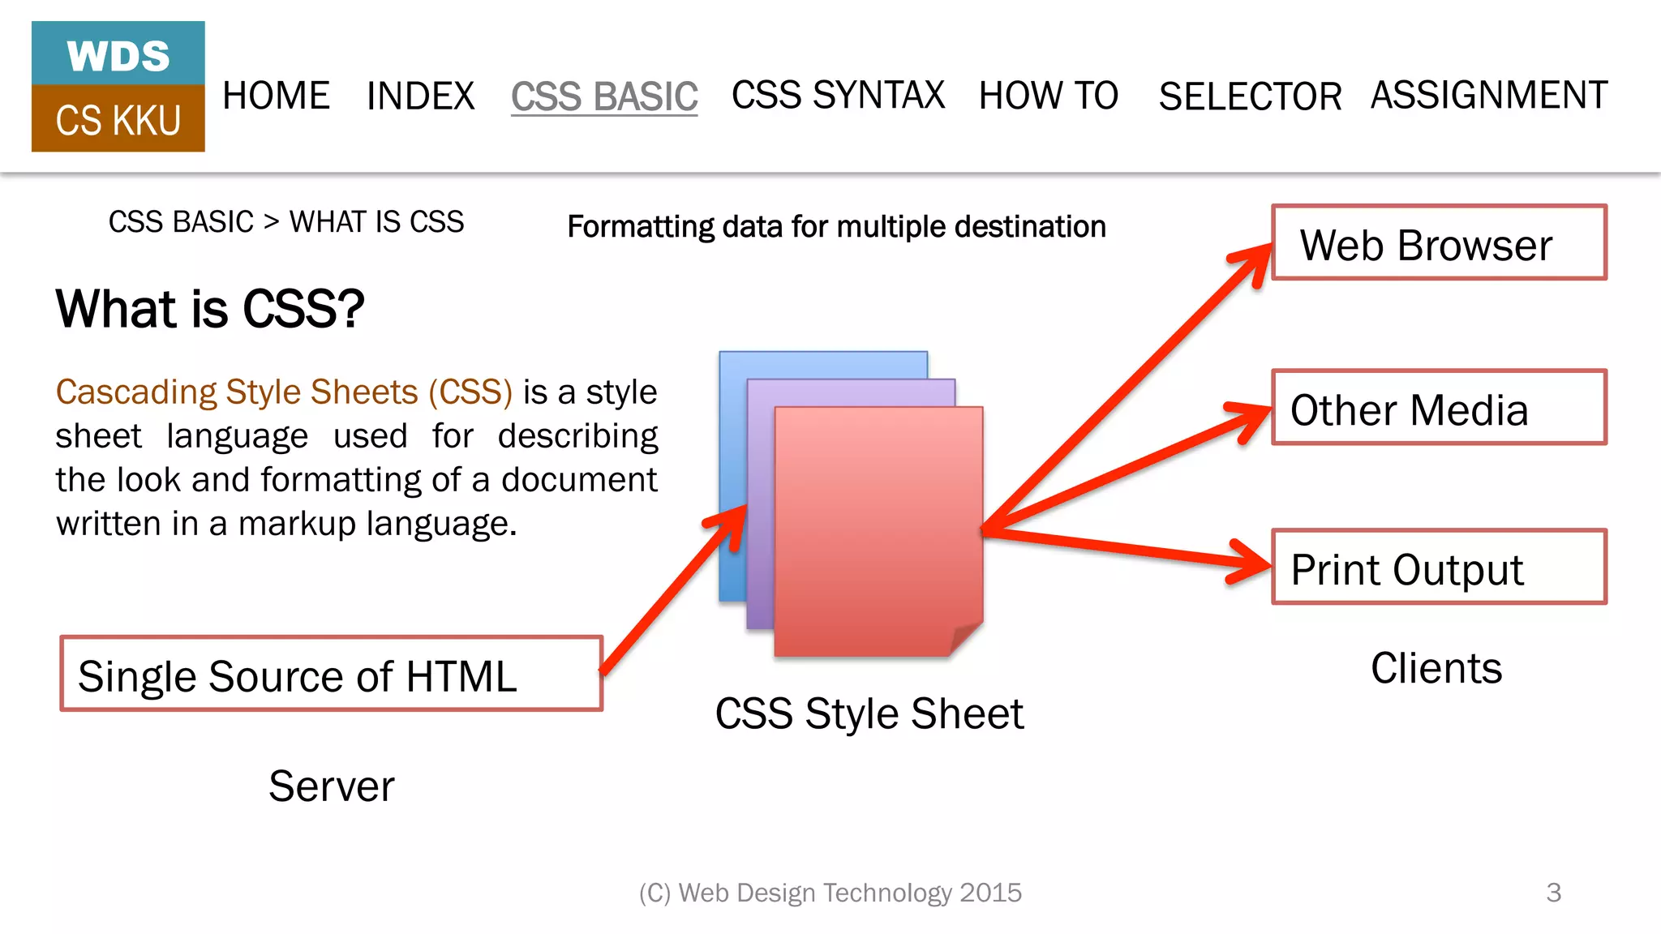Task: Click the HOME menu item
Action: pos(276,96)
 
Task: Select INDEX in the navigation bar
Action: pos(420,96)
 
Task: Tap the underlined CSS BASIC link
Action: pos(604,96)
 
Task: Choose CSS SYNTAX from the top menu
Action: pos(838,95)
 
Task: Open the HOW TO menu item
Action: pos(1048,96)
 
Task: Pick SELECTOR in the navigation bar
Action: pos(1250,96)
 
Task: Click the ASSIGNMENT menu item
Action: pos(1489,95)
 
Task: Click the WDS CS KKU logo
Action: pos(118,87)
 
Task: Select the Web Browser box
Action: pos(1439,243)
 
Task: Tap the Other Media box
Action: pos(1439,408)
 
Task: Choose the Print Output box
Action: pos(1439,568)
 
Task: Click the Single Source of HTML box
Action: pos(332,675)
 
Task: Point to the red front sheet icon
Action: pos(878,531)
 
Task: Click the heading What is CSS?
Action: pos(210,309)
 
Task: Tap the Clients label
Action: pos(1436,669)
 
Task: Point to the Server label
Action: pos(332,786)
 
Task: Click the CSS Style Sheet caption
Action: pos(869,714)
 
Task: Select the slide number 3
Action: pos(1553,893)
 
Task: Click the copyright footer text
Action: pos(830,893)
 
